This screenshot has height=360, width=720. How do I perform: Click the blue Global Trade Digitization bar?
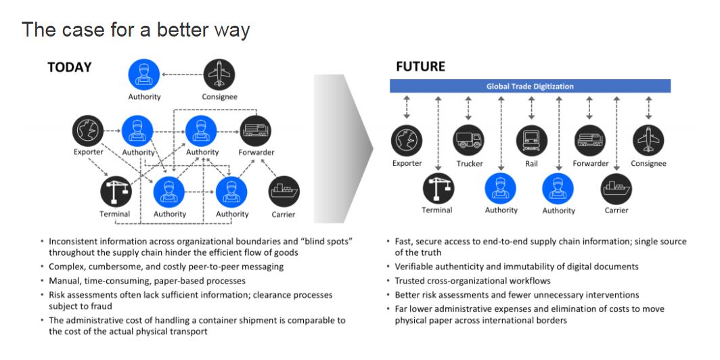[530, 87]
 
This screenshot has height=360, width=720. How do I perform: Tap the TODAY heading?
[69, 68]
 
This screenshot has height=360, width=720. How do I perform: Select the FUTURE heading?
[421, 66]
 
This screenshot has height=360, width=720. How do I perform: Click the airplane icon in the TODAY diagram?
[219, 74]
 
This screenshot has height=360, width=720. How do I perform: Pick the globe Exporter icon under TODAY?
[88, 131]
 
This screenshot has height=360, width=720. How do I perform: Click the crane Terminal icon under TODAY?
[116, 191]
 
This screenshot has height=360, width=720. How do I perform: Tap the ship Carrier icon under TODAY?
[284, 192]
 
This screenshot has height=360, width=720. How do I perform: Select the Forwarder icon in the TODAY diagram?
[255, 131]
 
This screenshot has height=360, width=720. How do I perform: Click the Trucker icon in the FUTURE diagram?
[468, 141]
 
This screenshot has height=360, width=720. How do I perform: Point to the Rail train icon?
[531, 141]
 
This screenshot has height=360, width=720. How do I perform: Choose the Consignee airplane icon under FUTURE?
[648, 141]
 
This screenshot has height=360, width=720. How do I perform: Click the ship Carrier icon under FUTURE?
[616, 189]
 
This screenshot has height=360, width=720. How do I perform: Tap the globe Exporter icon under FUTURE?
[407, 141]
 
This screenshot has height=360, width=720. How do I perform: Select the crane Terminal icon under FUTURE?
[438, 188]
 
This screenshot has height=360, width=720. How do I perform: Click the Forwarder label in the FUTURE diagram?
[591, 164]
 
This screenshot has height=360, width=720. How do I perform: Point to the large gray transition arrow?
[343, 148]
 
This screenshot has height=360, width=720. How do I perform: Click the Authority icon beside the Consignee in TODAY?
[144, 74]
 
